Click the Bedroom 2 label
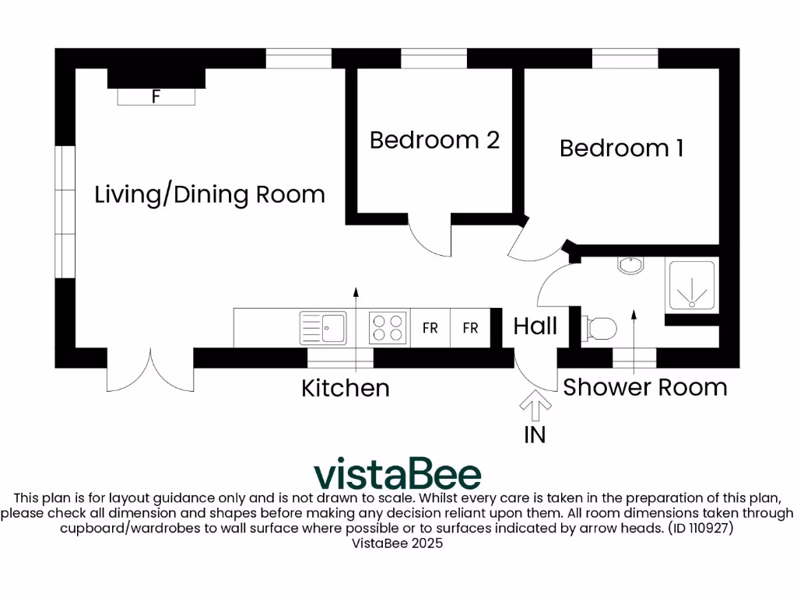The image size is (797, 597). pyautogui.click(x=434, y=140)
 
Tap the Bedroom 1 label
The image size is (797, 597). pyautogui.click(x=621, y=148)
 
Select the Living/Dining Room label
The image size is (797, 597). pyautogui.click(x=209, y=194)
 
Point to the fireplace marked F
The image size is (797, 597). pyautogui.click(x=156, y=96)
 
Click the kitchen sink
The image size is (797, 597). pyautogui.click(x=323, y=328)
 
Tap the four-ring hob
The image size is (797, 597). pyautogui.click(x=388, y=327)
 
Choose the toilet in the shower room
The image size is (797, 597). pyautogui.click(x=600, y=328)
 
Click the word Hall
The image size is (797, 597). pyautogui.click(x=535, y=326)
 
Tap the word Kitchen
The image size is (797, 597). pyautogui.click(x=346, y=388)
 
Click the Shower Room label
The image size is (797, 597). pyautogui.click(x=645, y=387)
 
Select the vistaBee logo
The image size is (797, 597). pyautogui.click(x=397, y=473)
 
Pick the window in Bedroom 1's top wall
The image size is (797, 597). pyautogui.click(x=625, y=58)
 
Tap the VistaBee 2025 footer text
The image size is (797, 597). pyautogui.click(x=397, y=543)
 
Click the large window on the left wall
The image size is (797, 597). pyautogui.click(x=65, y=211)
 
